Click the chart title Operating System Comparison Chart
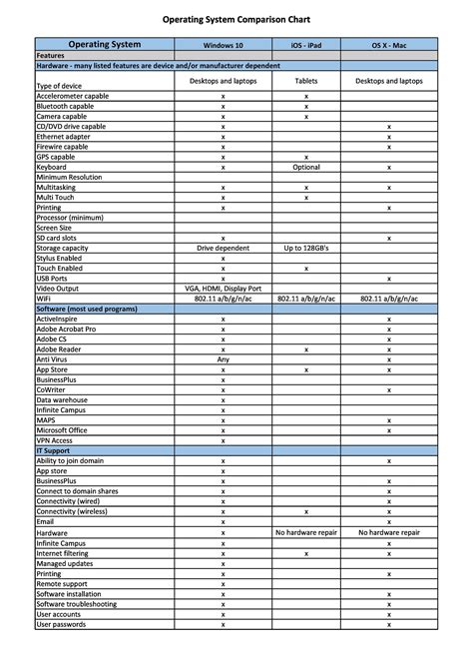click(236, 19)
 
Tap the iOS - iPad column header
click(305, 45)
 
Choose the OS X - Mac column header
click(388, 45)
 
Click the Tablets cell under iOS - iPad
click(305, 80)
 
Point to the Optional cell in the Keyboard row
click(305, 167)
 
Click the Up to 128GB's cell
click(305, 248)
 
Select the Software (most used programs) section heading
click(89, 309)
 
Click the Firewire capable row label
click(62, 147)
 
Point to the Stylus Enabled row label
click(59, 258)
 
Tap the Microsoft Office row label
click(63, 430)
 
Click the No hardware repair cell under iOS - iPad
click(305, 533)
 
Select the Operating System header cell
click(104, 44)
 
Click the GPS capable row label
click(55, 157)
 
